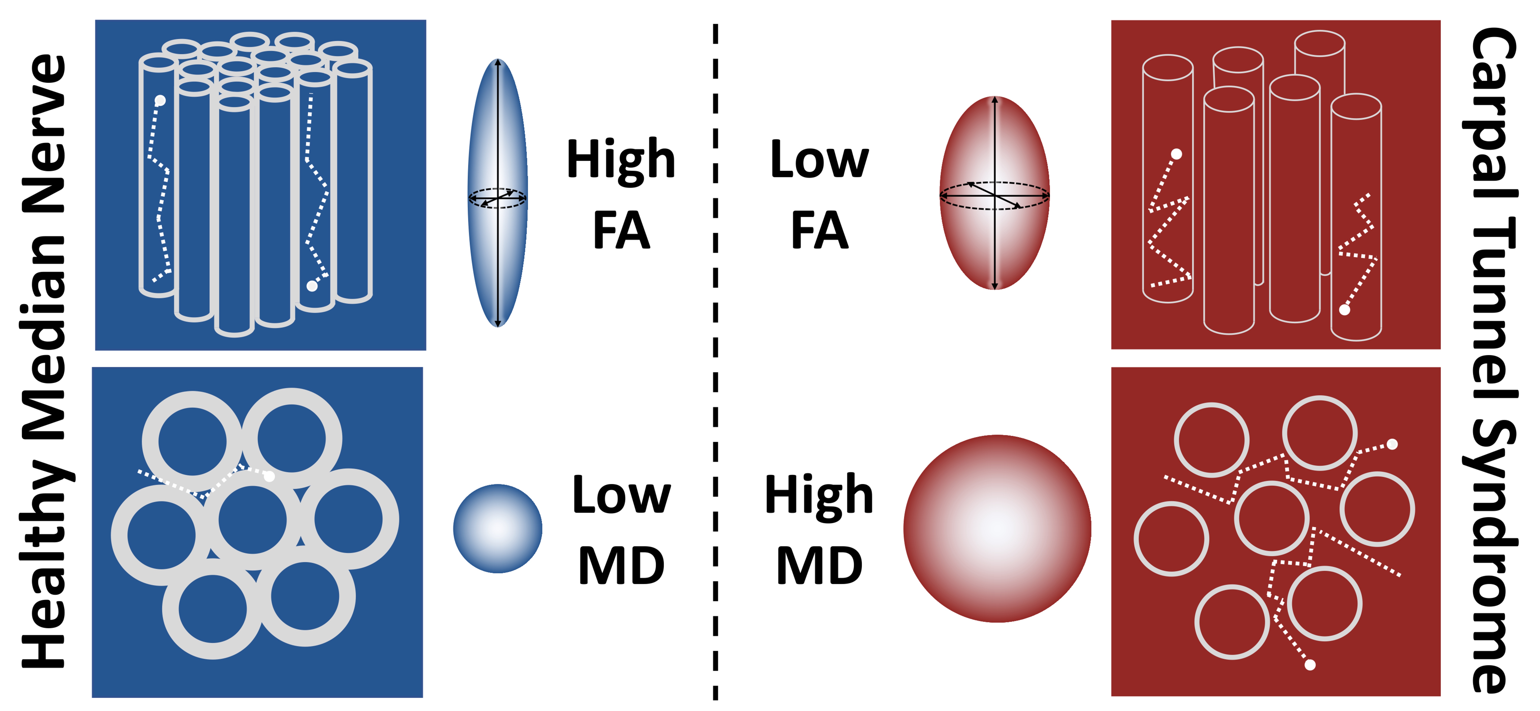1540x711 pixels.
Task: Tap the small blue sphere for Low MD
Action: [497, 528]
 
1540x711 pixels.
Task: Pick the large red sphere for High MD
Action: [997, 528]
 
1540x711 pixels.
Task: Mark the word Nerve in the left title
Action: [45, 135]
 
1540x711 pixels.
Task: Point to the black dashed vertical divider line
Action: [715, 358]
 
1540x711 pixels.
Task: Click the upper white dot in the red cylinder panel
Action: [1176, 154]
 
